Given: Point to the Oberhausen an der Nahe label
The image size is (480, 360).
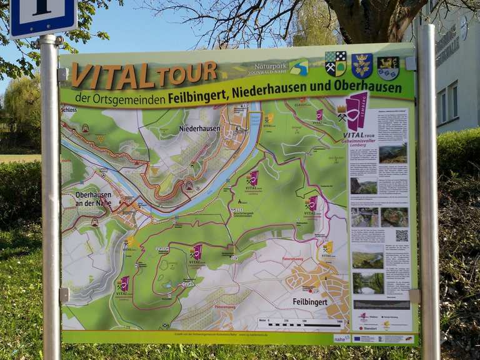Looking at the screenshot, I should point(93,199).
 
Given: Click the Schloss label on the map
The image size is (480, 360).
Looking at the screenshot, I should point(69,109).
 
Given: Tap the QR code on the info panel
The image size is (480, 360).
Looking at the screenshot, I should point(401,236).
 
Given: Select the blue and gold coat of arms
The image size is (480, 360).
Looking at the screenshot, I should point(362,66).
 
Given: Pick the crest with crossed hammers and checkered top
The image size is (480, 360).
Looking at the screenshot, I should point(336,64).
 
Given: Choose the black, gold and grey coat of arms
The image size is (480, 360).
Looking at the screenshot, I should point(388,67).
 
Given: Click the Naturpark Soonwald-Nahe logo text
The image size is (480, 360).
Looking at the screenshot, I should point(271,68).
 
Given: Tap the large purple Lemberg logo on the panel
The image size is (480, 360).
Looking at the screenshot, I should point(357,110).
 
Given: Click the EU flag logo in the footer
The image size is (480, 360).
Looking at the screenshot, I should point(361,337).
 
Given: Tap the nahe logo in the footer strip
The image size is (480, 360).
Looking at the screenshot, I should point(341,337).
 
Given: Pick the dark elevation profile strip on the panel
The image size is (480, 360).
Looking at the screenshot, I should point(381,305).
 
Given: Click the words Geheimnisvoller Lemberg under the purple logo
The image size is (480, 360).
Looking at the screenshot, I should point(362,141).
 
